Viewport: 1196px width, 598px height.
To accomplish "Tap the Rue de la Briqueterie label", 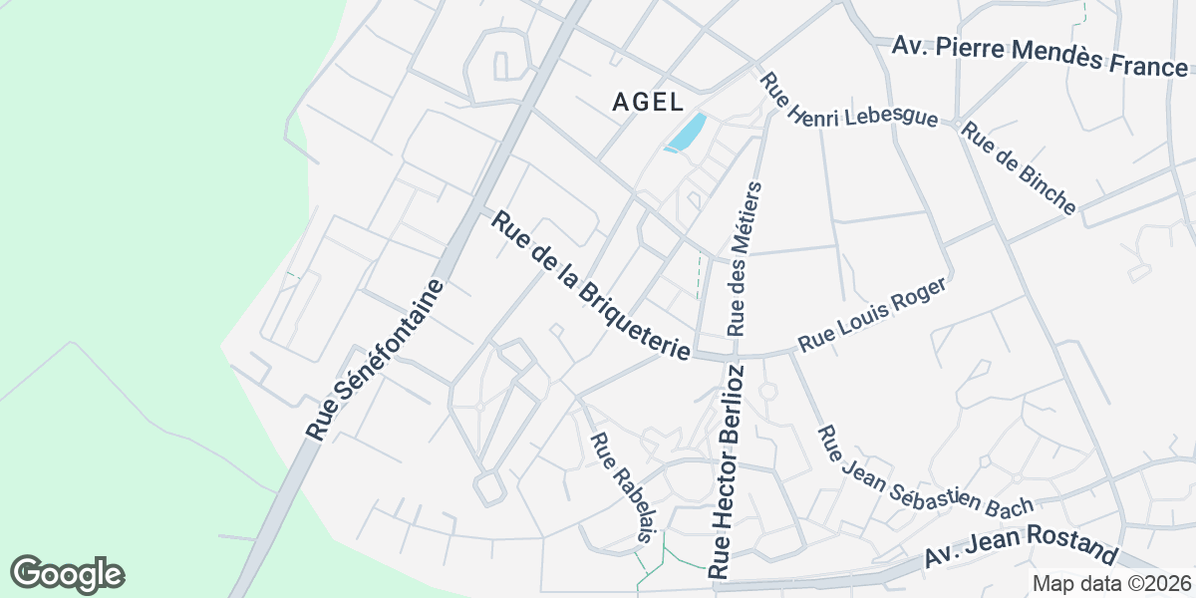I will (591, 286).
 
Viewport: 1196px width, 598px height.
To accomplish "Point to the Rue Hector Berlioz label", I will (727, 471).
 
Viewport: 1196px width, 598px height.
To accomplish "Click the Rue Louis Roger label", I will (870, 315).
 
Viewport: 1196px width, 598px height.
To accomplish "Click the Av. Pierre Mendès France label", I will (1041, 56).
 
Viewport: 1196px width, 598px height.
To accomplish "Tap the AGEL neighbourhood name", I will (648, 102).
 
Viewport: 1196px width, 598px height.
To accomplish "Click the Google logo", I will (67, 574).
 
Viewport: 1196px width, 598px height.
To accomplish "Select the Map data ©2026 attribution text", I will (1111, 583).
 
